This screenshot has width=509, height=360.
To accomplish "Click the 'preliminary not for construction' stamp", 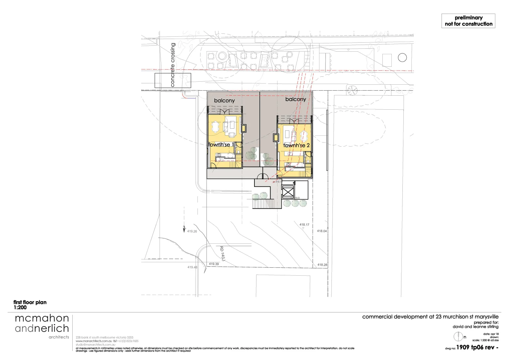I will click(x=468, y=21).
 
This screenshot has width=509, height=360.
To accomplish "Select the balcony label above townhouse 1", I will click(x=224, y=100).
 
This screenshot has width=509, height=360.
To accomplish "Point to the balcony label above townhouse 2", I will click(x=295, y=99).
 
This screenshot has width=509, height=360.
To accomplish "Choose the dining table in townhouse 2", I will click(x=304, y=135).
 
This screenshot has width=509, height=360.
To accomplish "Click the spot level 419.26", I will click(x=192, y=231).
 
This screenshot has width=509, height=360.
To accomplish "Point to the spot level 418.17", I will click(x=304, y=225).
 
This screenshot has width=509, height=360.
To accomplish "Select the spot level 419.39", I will click(x=214, y=264).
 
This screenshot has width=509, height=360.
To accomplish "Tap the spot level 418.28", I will click(x=322, y=265).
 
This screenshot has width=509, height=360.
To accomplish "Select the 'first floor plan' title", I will click(x=30, y=302).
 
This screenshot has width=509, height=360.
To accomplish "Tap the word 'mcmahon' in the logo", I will click(x=42, y=318).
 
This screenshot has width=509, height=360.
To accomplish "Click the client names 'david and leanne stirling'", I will click(x=475, y=327).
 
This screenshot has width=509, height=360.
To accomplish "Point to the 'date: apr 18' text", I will click(x=490, y=334).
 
